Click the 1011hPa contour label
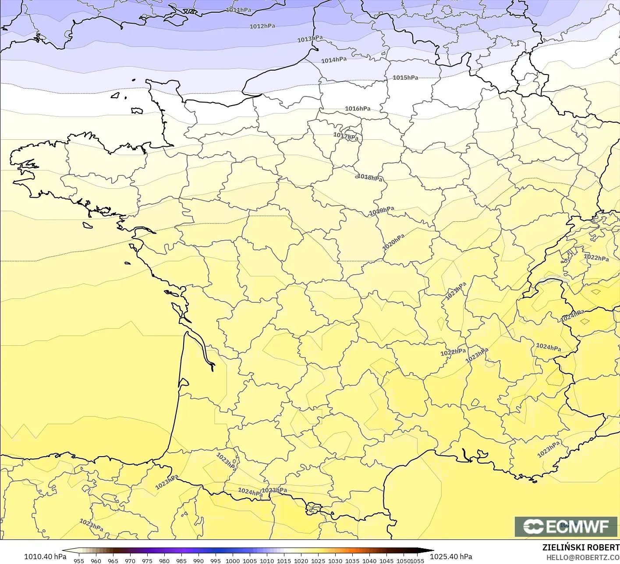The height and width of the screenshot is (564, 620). (x=239, y=10)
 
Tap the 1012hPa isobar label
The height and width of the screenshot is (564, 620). (x=262, y=26)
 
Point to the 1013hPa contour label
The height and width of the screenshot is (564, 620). (x=310, y=39)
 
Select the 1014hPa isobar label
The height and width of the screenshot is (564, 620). (x=334, y=60)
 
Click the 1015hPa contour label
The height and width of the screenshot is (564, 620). (x=405, y=78)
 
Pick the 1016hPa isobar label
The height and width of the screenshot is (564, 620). (x=358, y=109)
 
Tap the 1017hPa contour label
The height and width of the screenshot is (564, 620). (x=346, y=136)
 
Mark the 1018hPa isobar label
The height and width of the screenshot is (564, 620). (x=370, y=177)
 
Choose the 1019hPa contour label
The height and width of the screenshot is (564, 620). (x=381, y=211)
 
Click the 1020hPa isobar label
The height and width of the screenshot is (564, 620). (x=393, y=242)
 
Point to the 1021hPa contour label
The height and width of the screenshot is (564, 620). (x=456, y=291)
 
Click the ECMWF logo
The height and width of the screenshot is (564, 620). (x=566, y=527)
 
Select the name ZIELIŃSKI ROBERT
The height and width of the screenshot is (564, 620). (x=581, y=547)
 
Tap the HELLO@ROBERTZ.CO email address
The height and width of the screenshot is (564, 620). (x=583, y=557)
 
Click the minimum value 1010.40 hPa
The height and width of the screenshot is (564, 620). (x=45, y=557)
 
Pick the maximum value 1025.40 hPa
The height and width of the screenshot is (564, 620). (x=451, y=557)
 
